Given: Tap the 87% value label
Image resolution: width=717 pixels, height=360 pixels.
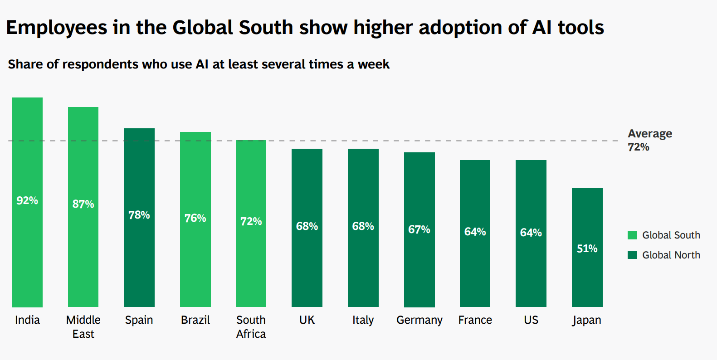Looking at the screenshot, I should click(x=83, y=204).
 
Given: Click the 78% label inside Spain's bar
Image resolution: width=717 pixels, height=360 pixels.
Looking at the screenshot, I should click(x=139, y=215).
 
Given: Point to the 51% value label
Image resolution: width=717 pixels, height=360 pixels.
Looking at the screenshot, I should click(x=587, y=248).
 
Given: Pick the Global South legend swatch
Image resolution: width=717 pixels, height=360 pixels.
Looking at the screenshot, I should click(x=632, y=235).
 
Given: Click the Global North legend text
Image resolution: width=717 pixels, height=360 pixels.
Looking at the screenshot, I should click(x=671, y=255).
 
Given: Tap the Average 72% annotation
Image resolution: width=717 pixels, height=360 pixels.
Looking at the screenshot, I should click(x=649, y=140).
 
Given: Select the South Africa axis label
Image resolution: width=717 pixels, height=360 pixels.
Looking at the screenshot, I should click(x=251, y=326).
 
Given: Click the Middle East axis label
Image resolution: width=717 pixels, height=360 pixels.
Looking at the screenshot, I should click(x=83, y=326).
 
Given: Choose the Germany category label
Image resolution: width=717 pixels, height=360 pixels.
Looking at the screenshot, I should click(x=419, y=320).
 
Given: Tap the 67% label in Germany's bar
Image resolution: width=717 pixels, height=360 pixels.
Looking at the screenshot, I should click(x=419, y=229).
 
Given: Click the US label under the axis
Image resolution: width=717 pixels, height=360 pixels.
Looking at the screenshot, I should click(x=531, y=320).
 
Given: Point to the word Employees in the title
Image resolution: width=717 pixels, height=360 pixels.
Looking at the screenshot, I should click(x=57, y=28).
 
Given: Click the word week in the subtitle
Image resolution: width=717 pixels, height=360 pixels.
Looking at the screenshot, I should click(x=373, y=64).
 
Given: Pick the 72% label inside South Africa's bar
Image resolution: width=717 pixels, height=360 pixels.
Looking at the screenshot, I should click(x=251, y=221).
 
